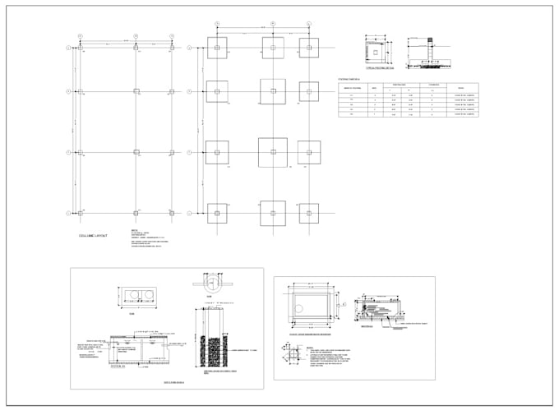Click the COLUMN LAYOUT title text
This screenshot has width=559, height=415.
[93, 236]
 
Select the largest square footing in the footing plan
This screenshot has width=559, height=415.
[273, 152]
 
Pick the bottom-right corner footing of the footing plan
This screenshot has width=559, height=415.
[309, 213]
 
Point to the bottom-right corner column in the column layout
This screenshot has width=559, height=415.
[172, 213]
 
